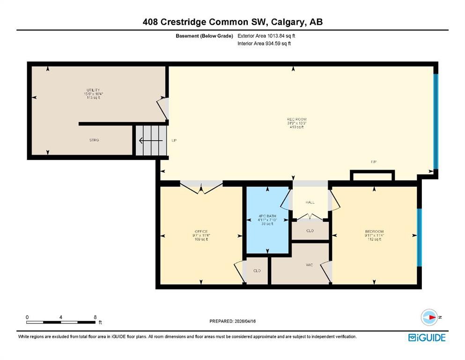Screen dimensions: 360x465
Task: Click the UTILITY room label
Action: pyautogui.click(x=93, y=90)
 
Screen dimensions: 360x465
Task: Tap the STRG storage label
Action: pyautogui.click(x=94, y=140)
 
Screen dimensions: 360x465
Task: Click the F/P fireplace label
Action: pyautogui.click(x=374, y=162)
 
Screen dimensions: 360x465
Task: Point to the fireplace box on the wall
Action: pyautogui.click(x=372, y=176)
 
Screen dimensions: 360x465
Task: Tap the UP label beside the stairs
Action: pyautogui.click(x=174, y=140)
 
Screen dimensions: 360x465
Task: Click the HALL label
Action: pyautogui.click(x=310, y=202)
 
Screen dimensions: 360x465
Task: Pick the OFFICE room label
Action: pyautogui.click(x=201, y=232)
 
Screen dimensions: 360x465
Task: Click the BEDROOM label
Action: pyautogui.click(x=374, y=232)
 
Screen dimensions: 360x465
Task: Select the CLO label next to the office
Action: pyautogui.click(x=257, y=271)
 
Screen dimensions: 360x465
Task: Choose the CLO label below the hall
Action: pyautogui.click(x=310, y=231)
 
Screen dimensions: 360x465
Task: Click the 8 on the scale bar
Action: pyautogui.click(x=95, y=317)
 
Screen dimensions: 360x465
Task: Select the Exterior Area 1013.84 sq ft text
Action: pyautogui.click(x=266, y=36)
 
